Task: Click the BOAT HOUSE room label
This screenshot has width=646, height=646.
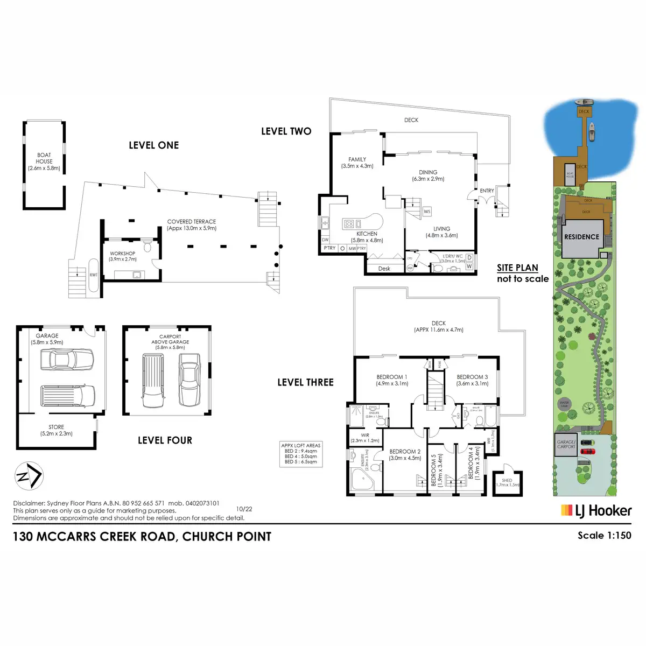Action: coord(44,161)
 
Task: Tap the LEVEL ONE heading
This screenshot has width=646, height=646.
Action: coord(153,145)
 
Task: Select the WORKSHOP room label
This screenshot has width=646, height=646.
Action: coord(123,256)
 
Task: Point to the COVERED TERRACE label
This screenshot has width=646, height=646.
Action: coord(192,224)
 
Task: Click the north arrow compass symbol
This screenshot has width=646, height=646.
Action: coord(29,476)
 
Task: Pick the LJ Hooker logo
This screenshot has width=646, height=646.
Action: coord(596,510)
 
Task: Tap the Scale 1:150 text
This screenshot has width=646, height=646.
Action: coord(604,535)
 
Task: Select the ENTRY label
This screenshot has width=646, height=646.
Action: coord(487,191)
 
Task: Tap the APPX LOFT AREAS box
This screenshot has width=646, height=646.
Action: coord(301,454)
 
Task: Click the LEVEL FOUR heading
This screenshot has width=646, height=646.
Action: coord(165,440)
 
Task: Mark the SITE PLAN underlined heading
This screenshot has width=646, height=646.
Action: coord(517,268)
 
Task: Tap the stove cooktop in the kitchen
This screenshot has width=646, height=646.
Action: coord(349,223)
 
